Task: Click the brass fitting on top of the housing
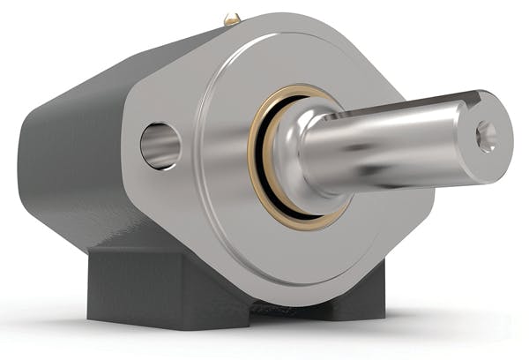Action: click(x=232, y=18)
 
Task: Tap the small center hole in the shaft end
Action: click(x=485, y=136)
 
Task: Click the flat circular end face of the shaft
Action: click(x=487, y=137)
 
